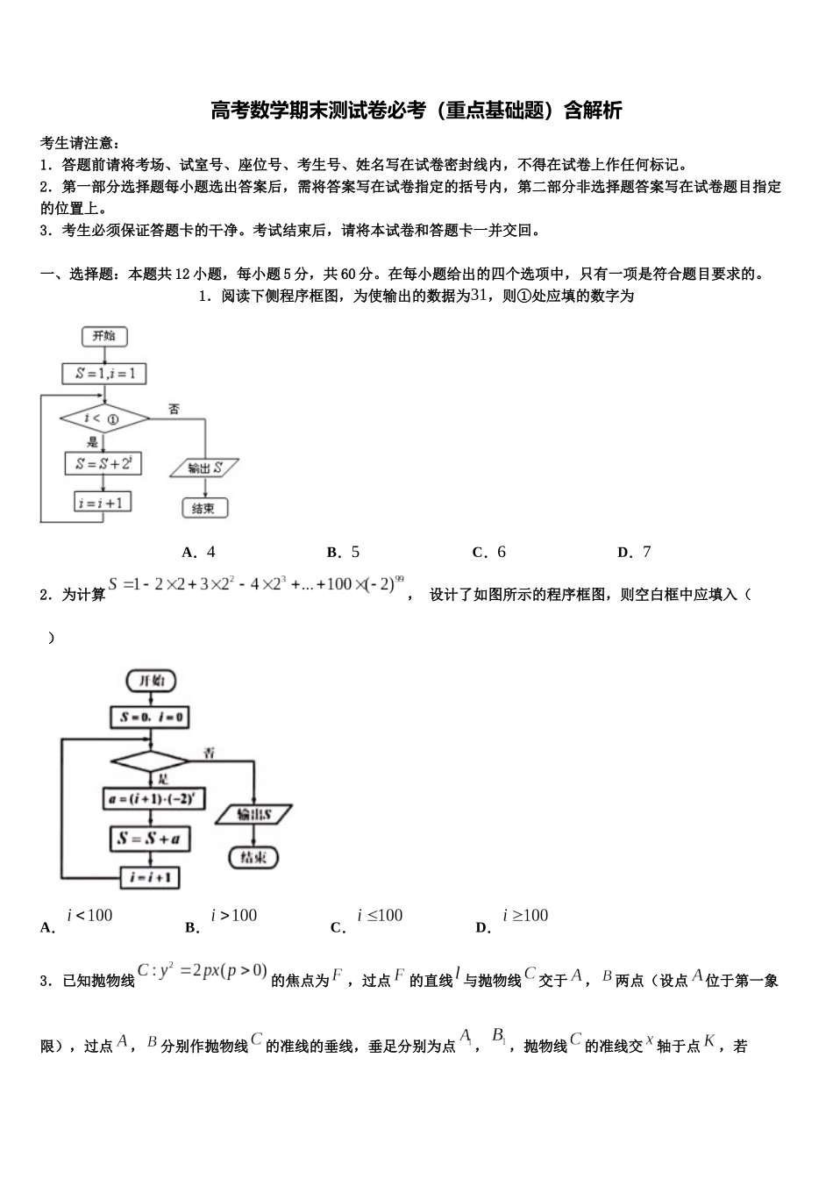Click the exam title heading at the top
(416, 111)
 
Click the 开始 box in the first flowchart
(103, 336)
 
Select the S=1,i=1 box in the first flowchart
(104, 374)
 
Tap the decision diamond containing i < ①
(104, 419)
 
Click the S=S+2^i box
(103, 463)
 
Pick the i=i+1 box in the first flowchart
(103, 503)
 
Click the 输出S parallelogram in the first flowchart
(204, 468)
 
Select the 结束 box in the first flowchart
(204, 508)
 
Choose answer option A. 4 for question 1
(199, 552)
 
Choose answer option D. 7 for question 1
(634, 552)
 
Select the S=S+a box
(150, 839)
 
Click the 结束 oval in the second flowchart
(253, 857)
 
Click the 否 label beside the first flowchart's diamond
(174, 409)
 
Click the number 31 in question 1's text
(479, 296)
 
